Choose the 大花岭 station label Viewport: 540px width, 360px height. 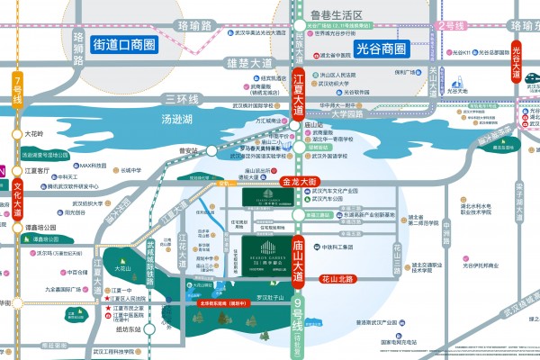point(33,134)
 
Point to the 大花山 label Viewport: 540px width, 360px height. point(123,268)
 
